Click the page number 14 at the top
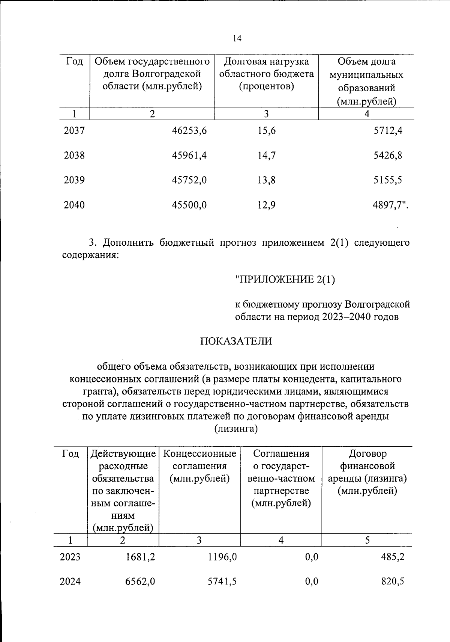(x=237, y=38)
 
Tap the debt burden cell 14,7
(x=267, y=156)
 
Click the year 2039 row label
(x=74, y=180)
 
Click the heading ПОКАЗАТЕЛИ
(x=236, y=341)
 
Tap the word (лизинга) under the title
(x=236, y=429)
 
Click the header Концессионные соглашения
(x=200, y=466)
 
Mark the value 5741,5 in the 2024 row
(x=222, y=582)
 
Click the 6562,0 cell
(x=141, y=582)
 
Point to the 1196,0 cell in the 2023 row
(x=222, y=557)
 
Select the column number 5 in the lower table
(x=367, y=540)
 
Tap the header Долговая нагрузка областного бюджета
(x=266, y=74)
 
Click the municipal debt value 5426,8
(x=387, y=156)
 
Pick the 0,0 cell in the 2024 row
(x=312, y=582)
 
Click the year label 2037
(x=74, y=131)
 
